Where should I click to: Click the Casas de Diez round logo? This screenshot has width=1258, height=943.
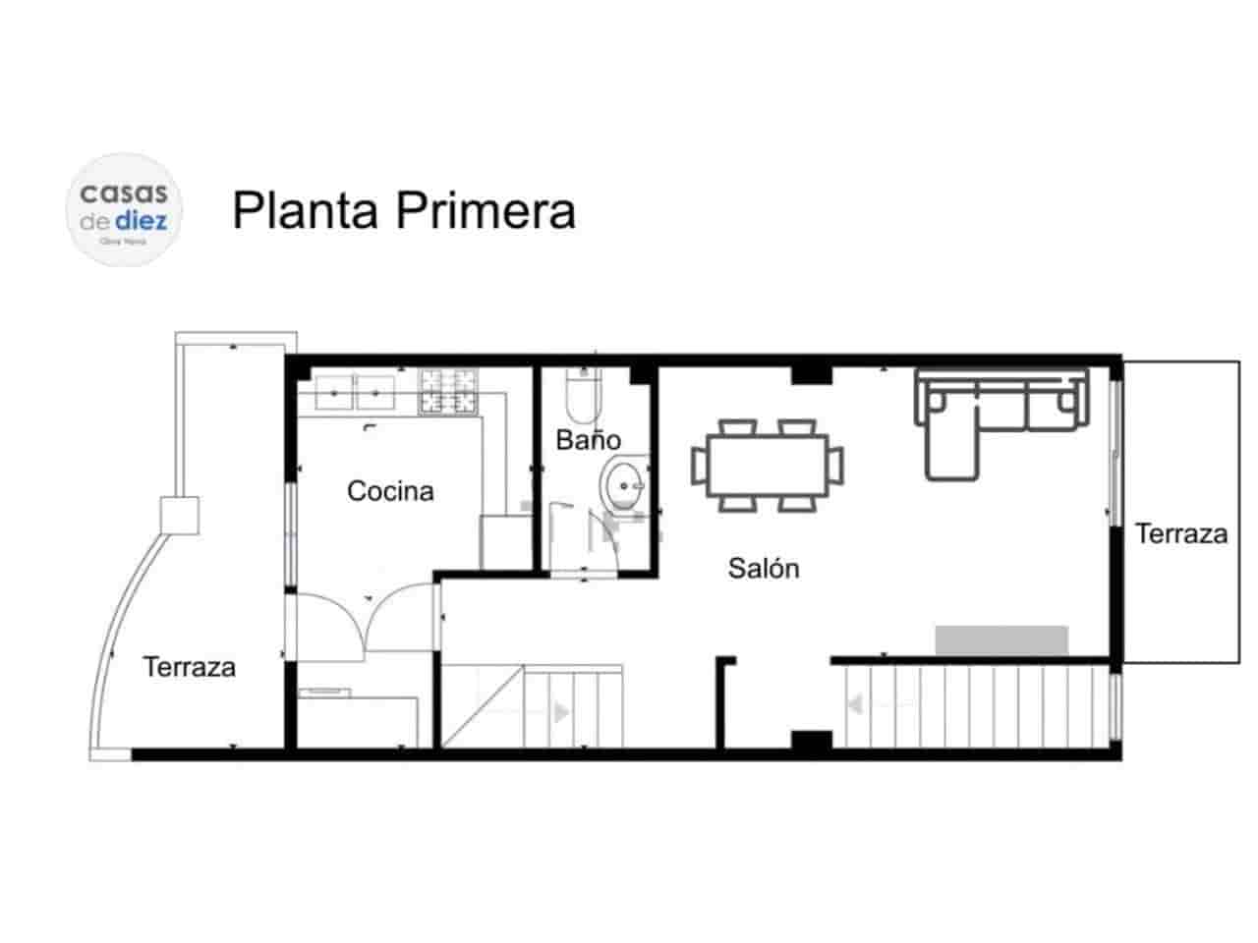124,209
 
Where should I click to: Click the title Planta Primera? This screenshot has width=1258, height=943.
403,210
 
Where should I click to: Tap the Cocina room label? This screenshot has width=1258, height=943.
390,490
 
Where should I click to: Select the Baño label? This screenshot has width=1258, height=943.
588,439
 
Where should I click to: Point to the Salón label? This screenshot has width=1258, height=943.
764,567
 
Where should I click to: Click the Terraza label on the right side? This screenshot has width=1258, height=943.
1180,533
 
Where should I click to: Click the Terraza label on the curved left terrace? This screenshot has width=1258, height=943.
190,667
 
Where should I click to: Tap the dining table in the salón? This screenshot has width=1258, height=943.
767,465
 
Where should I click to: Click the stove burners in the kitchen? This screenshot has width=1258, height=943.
448,391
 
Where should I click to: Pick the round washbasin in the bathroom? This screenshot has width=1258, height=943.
621,483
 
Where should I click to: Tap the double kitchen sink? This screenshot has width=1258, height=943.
355,392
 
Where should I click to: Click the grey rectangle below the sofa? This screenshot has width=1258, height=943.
1001,639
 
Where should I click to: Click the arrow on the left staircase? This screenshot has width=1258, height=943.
561,712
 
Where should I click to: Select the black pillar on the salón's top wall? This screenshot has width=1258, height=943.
812,373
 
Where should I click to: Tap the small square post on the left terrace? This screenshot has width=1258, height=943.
179,514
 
